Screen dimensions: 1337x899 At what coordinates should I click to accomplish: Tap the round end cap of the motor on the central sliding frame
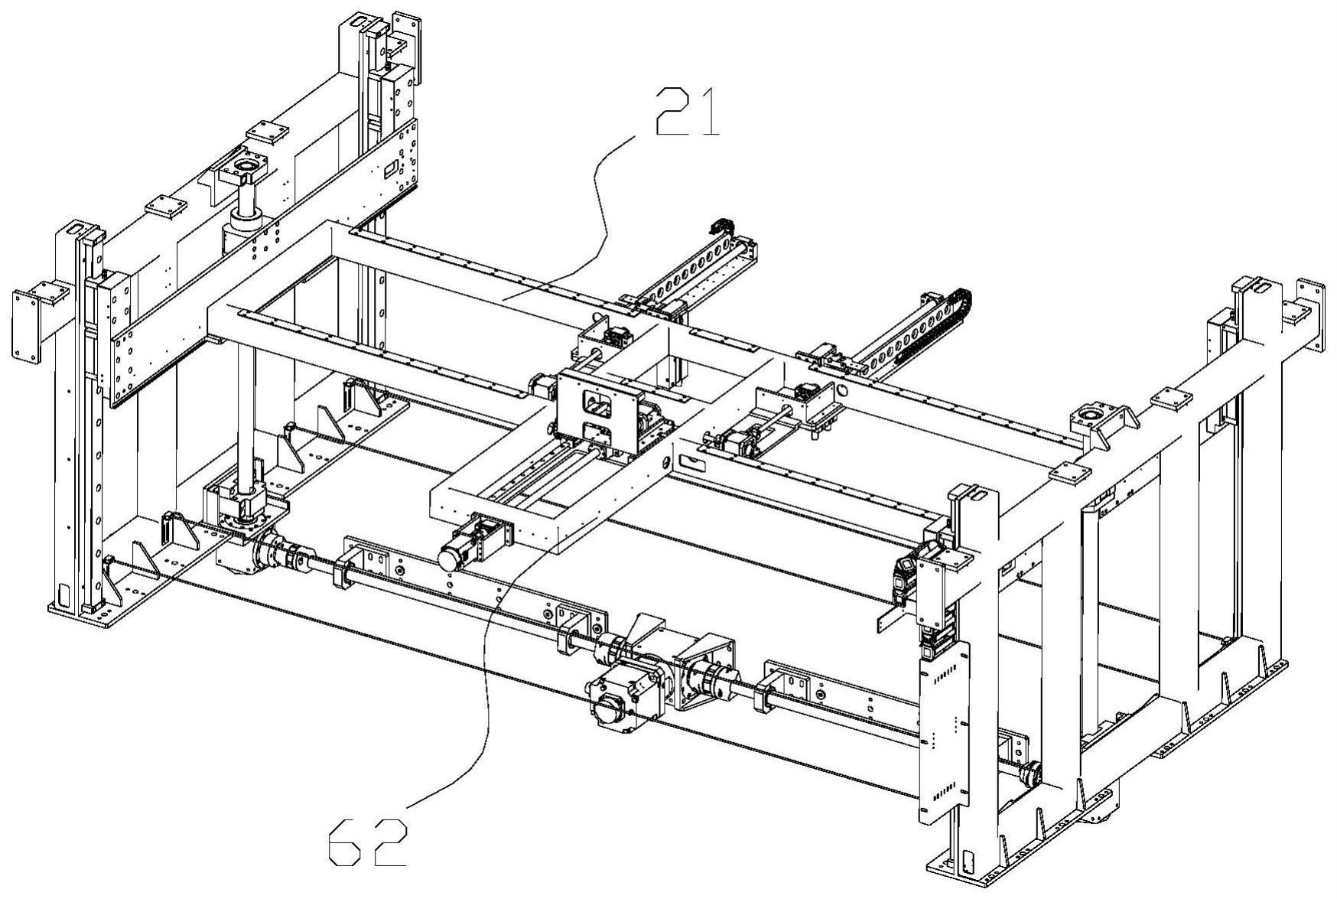(448, 559)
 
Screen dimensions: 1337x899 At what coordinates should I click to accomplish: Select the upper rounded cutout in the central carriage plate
(598, 403)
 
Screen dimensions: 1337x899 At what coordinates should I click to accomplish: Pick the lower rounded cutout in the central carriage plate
(597, 434)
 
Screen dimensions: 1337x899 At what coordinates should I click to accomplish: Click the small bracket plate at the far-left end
(30, 321)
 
